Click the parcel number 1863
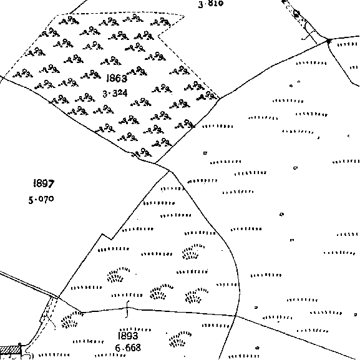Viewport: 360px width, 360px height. click(x=117, y=78)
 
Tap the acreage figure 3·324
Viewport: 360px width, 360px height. click(x=115, y=94)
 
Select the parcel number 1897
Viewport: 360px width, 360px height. click(x=44, y=183)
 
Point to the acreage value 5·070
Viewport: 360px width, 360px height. click(x=41, y=199)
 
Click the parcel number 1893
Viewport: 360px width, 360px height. click(x=128, y=336)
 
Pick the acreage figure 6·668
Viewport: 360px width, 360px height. click(x=128, y=348)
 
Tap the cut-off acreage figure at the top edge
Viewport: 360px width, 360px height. click(x=211, y=4)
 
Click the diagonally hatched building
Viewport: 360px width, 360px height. click(x=11, y=351)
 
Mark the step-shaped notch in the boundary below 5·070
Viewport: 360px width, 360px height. click(x=107, y=237)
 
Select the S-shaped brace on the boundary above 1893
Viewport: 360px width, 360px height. click(x=127, y=309)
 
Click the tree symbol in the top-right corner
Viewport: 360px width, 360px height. click(x=296, y=13)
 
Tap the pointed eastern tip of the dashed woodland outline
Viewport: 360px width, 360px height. click(x=184, y=16)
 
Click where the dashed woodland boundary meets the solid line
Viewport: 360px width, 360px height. click(x=220, y=98)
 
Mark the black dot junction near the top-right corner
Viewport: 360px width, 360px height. click(x=329, y=41)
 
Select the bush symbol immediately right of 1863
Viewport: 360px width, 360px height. click(x=137, y=71)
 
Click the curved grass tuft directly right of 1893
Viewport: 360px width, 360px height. click(x=180, y=339)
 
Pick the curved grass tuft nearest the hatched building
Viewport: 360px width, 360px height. click(x=71, y=320)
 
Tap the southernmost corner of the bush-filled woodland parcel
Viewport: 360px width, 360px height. click(x=155, y=163)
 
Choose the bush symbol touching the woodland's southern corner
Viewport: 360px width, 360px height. click(x=142, y=152)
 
